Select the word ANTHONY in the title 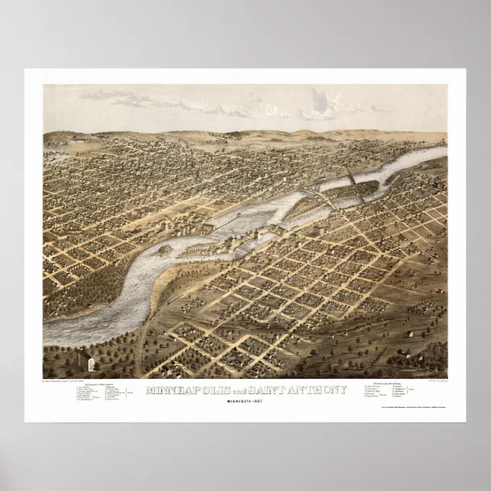click(x=319, y=390)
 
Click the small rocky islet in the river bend click(x=165, y=249)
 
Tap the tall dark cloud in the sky click(x=320, y=103)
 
